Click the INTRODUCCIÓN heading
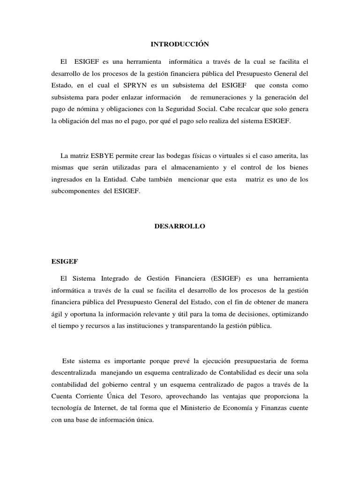tap(180, 44)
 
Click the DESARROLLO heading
tap(180, 226)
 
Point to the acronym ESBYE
tap(104, 155)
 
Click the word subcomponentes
tap(75, 192)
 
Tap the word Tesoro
tap(141, 396)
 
